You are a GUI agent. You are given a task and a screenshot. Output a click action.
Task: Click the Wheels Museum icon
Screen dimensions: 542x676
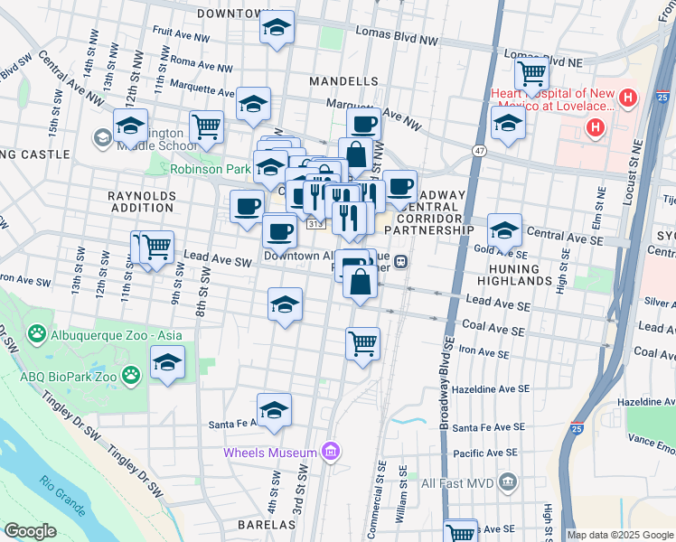pyautogui.click(x=331, y=452)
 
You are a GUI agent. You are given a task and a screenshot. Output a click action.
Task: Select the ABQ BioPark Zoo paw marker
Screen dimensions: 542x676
pyautogui.click(x=132, y=373)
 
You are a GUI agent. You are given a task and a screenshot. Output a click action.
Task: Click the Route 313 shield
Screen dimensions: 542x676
pyautogui.click(x=314, y=223)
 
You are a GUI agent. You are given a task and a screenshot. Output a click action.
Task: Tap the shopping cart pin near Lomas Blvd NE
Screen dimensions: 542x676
pyautogui.click(x=531, y=72)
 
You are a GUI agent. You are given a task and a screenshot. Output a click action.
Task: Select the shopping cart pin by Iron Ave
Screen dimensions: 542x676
pyautogui.click(x=362, y=343)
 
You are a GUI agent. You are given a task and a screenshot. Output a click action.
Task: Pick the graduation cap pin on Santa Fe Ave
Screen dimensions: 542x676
pyautogui.click(x=275, y=410)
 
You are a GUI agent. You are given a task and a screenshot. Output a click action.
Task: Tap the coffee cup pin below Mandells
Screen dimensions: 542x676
pyautogui.click(x=363, y=125)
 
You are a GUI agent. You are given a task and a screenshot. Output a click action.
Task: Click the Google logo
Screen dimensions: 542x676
pyautogui.click(x=30, y=532)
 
